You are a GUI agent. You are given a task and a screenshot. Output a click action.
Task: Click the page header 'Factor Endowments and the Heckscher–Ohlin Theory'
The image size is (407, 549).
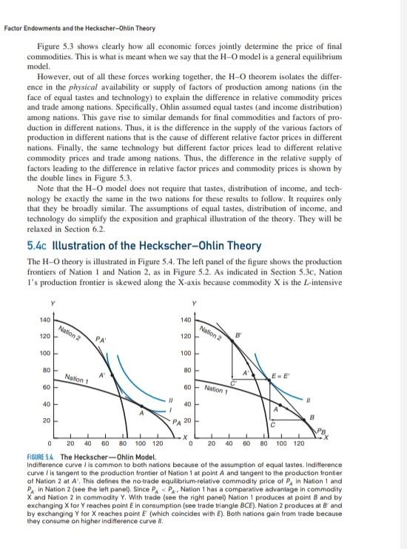(79, 29)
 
